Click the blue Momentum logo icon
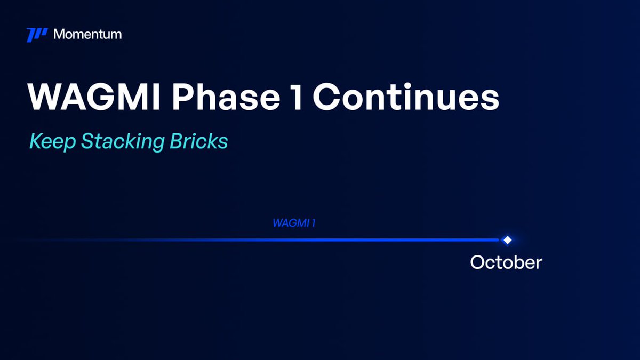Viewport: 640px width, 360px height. point(37,35)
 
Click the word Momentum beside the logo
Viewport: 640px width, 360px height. point(87,34)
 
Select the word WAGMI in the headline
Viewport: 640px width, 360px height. point(94,97)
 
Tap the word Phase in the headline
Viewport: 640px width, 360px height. point(226,97)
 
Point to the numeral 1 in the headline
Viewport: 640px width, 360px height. point(297,97)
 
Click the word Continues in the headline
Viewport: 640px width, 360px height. point(406,97)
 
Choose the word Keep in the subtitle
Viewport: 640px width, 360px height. point(53,141)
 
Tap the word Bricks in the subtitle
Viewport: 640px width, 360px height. point(199,141)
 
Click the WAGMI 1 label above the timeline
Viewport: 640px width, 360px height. point(294,223)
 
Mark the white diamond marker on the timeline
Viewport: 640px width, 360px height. point(507,240)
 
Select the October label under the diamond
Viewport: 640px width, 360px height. point(506,262)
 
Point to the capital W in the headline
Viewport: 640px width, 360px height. point(44,97)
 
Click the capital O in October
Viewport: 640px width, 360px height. point(478,262)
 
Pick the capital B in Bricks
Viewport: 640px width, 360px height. point(177,141)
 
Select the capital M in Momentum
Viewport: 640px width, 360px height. point(60,34)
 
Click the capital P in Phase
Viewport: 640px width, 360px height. point(183,97)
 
